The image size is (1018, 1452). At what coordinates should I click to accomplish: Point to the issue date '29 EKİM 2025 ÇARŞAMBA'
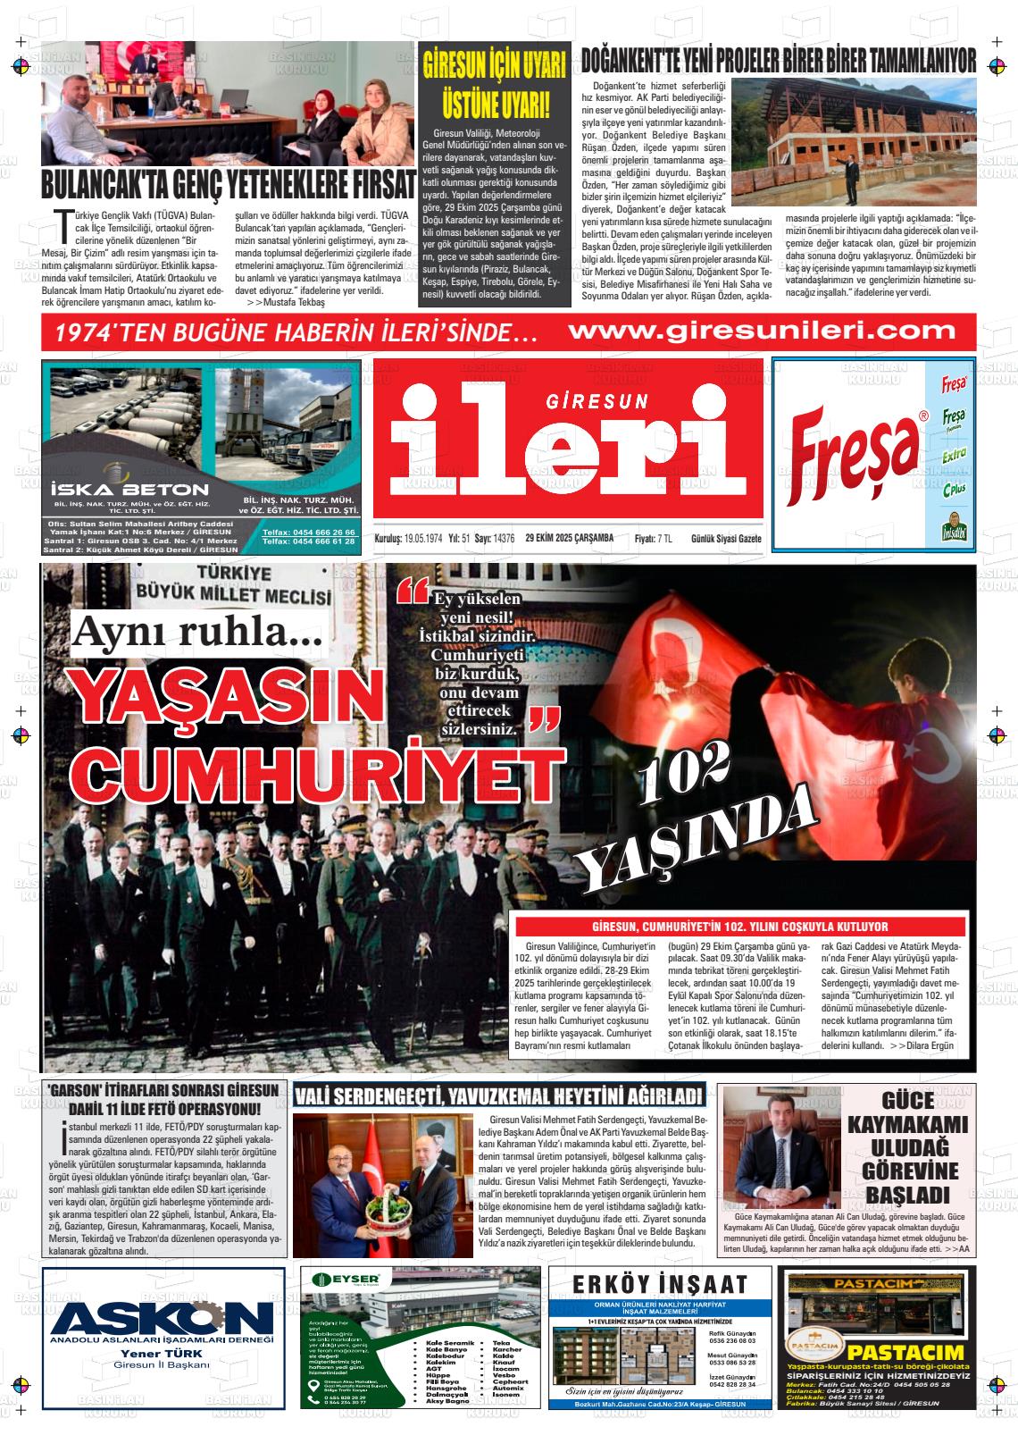(x=569, y=538)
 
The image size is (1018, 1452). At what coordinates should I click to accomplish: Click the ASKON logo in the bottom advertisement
(x=163, y=1319)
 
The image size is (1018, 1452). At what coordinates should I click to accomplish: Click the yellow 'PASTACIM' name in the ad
(x=905, y=1352)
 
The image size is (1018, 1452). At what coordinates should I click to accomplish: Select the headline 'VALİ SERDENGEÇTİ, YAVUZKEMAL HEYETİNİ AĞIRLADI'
(x=499, y=1095)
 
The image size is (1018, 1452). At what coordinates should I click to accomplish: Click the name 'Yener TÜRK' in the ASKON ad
(x=163, y=1353)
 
